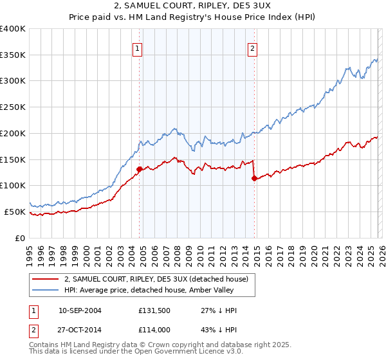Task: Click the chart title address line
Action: point(193,6)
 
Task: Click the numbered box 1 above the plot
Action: point(138,48)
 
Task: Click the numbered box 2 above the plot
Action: point(253,48)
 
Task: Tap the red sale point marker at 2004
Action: point(139,169)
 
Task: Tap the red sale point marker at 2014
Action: point(254,178)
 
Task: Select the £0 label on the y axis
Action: point(20,238)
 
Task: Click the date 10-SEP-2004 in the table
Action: point(80,310)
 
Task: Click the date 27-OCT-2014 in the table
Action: point(80,330)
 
